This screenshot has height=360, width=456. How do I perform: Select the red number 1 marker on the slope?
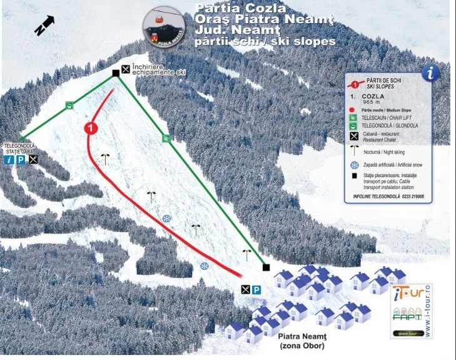[91, 128]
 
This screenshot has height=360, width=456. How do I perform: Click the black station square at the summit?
[116, 73]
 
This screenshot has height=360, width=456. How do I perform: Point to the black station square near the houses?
[266, 267]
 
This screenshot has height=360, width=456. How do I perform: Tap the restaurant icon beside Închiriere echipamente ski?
[126, 69]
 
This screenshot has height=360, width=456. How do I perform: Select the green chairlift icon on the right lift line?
[166, 138]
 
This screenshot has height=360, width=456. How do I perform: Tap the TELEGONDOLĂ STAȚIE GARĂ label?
[21, 148]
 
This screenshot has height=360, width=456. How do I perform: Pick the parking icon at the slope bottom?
[256, 290]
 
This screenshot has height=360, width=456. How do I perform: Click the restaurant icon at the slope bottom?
[245, 290]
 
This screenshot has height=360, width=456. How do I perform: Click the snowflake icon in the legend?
[355, 165]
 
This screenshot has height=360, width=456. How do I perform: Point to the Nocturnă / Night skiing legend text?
[390, 152]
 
